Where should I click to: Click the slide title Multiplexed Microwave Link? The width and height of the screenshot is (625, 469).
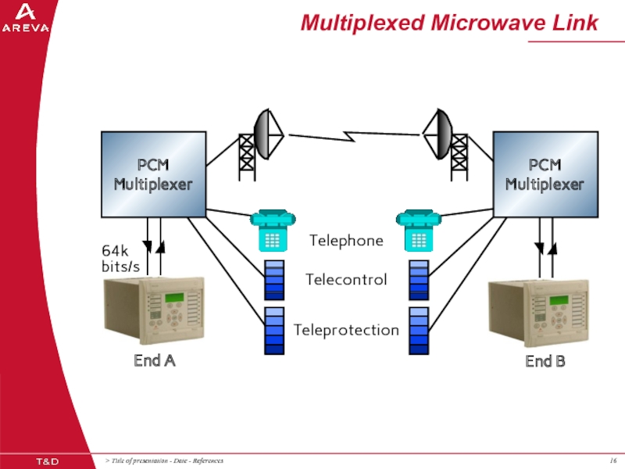pyautogui.click(x=449, y=23)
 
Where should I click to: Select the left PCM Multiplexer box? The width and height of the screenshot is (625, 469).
pyautogui.click(x=153, y=174)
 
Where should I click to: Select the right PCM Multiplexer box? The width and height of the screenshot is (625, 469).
pyautogui.click(x=545, y=174)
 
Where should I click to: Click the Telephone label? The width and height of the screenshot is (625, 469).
pyautogui.click(x=346, y=240)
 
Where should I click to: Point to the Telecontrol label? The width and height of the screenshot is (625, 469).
pyautogui.click(x=346, y=279)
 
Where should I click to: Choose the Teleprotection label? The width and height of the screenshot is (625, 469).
pyautogui.click(x=346, y=330)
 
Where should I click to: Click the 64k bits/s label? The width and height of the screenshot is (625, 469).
pyautogui.click(x=121, y=259)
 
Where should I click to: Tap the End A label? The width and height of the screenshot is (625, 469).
pyautogui.click(x=154, y=361)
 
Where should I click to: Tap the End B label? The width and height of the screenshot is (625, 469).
pyautogui.click(x=545, y=362)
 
